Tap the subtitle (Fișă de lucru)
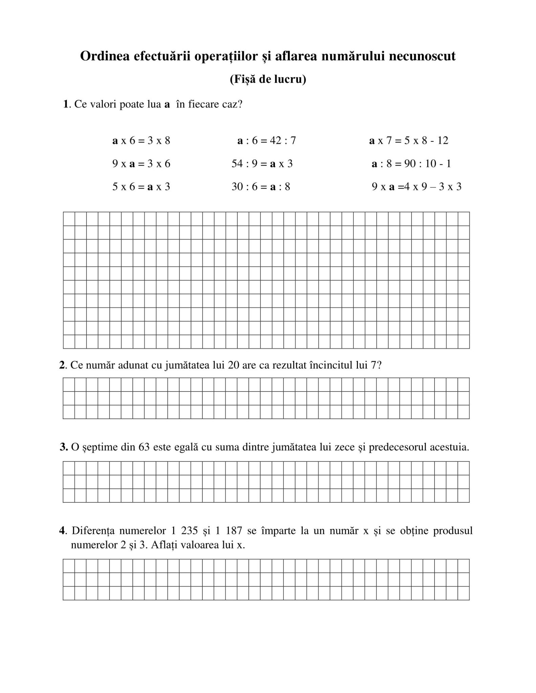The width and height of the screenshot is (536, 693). point(268,79)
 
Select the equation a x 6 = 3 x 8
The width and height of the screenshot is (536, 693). point(141,140)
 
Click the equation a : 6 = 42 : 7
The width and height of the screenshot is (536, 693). point(266,140)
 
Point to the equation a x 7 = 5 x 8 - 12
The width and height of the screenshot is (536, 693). point(409,140)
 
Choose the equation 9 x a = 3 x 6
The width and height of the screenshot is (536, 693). point(141,164)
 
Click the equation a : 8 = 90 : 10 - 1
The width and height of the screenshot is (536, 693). point(411,164)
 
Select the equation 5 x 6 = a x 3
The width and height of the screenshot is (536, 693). point(141,187)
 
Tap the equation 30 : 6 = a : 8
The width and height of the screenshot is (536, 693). point(261,187)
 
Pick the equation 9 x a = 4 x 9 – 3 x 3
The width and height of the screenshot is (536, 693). point(416,187)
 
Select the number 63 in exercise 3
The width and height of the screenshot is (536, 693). point(144,447)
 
